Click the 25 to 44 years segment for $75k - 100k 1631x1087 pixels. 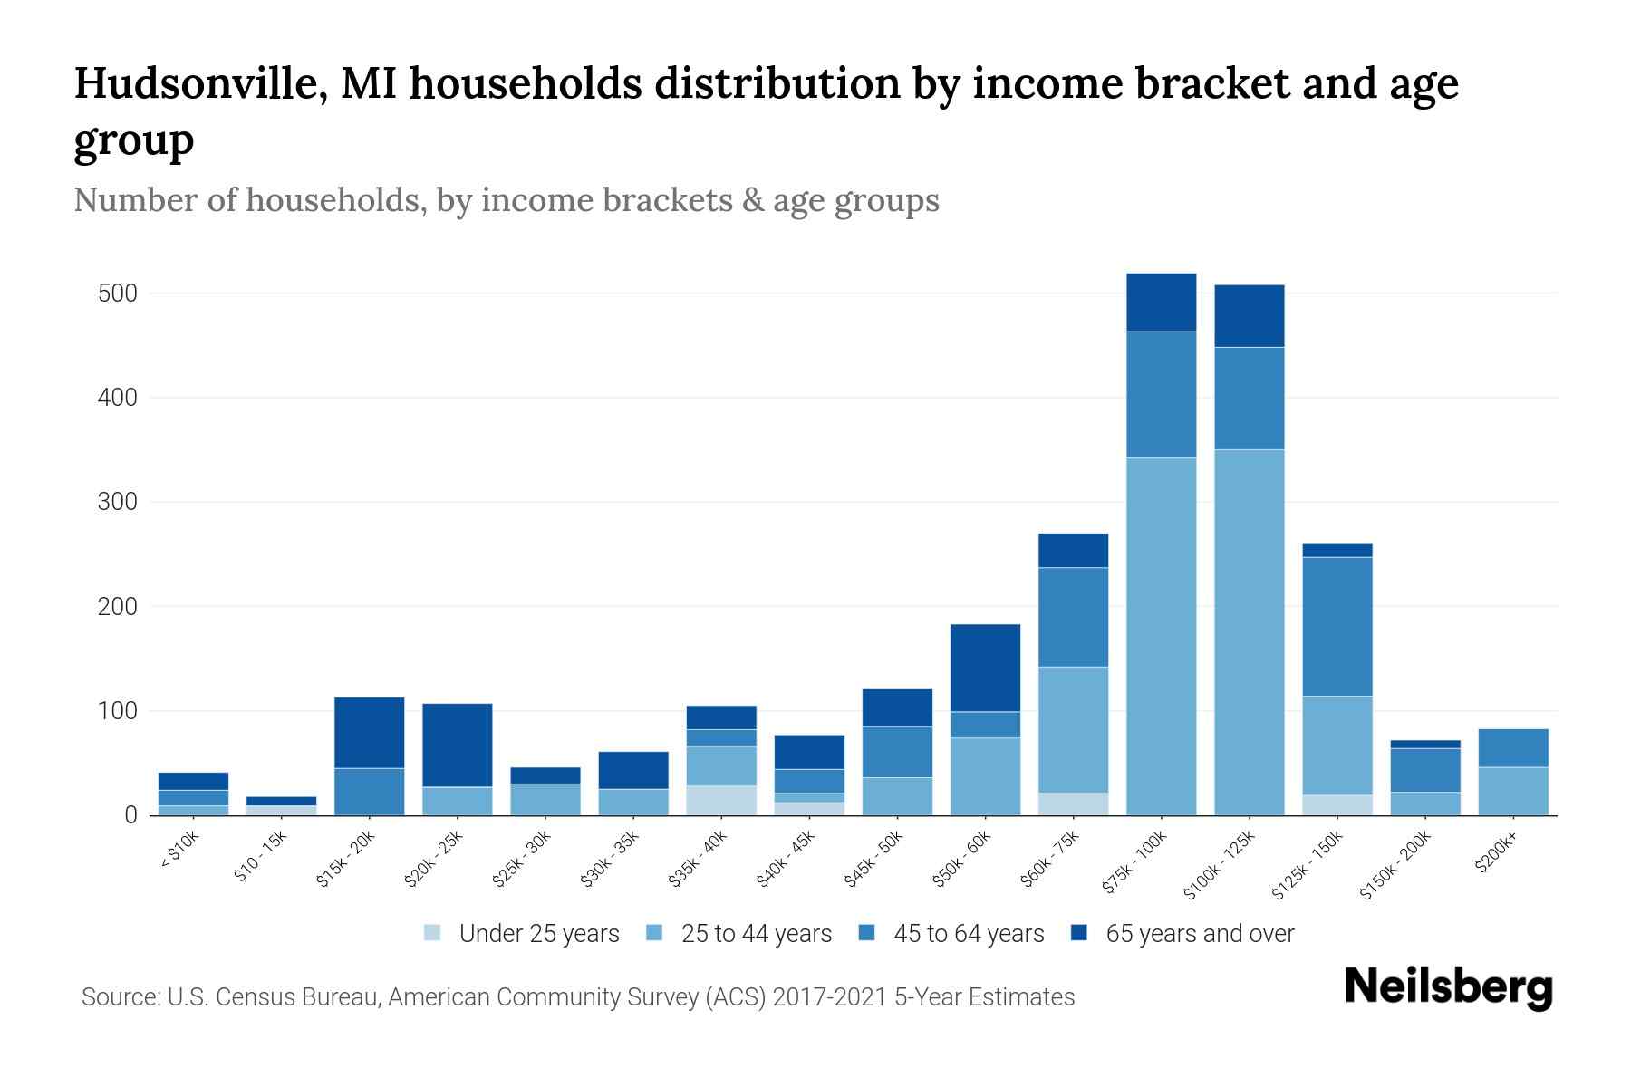1161,636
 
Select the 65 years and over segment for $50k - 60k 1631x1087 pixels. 985,668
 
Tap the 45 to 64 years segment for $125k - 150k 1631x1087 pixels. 1337,626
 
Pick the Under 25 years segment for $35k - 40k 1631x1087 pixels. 721,800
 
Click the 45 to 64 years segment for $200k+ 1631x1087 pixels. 1512,747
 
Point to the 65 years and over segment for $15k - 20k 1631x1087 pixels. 369,732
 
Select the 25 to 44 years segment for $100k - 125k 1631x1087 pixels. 1249,631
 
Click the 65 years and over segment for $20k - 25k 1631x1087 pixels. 457,745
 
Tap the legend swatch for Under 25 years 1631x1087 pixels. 433,933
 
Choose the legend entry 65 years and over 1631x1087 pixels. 1199,933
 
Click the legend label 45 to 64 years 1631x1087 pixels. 968,933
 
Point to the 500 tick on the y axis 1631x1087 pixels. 118,293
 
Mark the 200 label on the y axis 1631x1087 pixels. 118,607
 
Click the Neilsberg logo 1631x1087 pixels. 1448,987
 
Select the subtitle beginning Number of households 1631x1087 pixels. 506,200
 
